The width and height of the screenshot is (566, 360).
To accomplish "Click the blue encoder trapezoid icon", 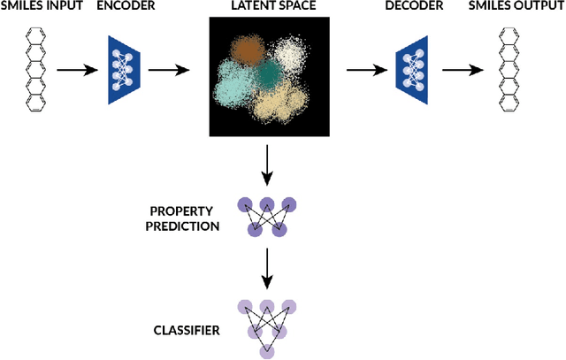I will [x=127, y=68].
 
